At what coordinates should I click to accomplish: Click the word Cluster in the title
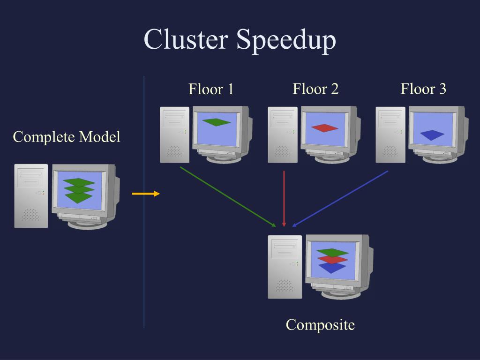pyautogui.click(x=186, y=39)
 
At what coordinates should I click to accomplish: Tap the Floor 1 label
pyautogui.click(x=211, y=89)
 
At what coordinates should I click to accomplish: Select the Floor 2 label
pyautogui.click(x=315, y=89)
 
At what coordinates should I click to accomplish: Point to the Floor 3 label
pyautogui.click(x=423, y=89)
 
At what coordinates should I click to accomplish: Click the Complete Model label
pyautogui.click(x=67, y=137)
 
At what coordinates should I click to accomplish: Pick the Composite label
pyautogui.click(x=320, y=325)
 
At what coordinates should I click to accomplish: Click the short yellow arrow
pyautogui.click(x=146, y=194)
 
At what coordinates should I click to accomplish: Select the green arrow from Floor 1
pyautogui.click(x=228, y=197)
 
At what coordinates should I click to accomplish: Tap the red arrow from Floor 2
pyautogui.click(x=284, y=199)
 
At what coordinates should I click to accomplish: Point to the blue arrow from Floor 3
pyautogui.click(x=340, y=199)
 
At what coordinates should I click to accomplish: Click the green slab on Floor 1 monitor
pyautogui.click(x=217, y=122)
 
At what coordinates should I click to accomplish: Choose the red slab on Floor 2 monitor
pyautogui.click(x=324, y=128)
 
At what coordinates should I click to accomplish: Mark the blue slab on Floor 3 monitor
pyautogui.click(x=432, y=135)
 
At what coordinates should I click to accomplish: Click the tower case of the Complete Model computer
pyautogui.click(x=31, y=196)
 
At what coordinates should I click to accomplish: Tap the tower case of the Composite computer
pyautogui.click(x=285, y=267)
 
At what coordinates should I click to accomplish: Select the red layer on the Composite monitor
pyautogui.click(x=333, y=260)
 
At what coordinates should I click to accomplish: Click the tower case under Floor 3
pyautogui.click(x=390, y=135)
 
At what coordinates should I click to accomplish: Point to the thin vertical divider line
pyautogui.click(x=144, y=202)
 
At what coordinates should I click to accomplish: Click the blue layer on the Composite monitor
pyautogui.click(x=332, y=268)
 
